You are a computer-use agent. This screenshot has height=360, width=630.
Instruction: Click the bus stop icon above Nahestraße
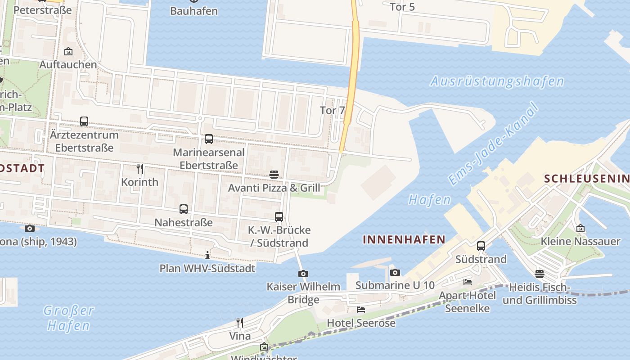[184, 209]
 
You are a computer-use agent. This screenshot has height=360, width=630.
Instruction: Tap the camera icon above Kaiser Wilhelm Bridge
[303, 274]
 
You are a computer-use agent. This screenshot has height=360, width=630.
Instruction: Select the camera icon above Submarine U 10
[395, 272]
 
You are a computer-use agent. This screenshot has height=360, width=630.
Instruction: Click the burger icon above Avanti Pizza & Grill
[274, 175]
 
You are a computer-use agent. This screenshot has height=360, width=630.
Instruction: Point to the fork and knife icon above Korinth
[140, 169]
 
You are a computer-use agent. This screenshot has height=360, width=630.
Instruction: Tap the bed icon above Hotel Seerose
[361, 310]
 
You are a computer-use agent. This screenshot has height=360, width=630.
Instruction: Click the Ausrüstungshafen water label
[497, 81]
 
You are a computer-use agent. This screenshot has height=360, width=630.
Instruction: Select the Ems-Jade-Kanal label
[494, 144]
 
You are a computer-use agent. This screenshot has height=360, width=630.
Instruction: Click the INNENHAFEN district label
[404, 240]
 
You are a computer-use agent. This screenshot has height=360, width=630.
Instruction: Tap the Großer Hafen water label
[69, 318]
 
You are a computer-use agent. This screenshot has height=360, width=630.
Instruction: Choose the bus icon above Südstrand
[481, 246]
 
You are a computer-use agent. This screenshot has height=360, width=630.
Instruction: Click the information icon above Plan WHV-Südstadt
[207, 256]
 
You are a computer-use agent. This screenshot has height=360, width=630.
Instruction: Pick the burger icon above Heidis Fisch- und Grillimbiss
[540, 274]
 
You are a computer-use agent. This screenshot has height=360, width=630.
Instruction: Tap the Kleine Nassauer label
[580, 242]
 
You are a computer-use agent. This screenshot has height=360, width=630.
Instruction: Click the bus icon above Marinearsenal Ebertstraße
[209, 139]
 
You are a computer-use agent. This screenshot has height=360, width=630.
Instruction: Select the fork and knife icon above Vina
[240, 323]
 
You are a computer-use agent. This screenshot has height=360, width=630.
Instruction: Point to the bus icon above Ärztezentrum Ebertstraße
[84, 121]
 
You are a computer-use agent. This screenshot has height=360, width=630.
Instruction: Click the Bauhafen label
[194, 11]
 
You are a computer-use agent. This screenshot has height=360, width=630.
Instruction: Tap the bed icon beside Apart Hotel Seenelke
[468, 282]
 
